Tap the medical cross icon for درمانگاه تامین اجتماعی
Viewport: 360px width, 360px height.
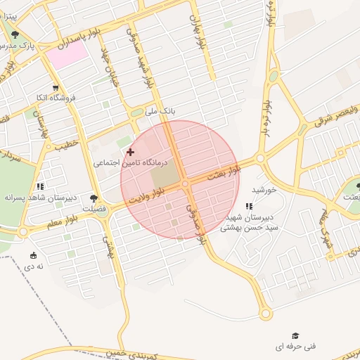pyautogui.click(x=129, y=152)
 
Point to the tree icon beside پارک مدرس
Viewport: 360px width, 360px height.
pyautogui.click(x=15, y=34)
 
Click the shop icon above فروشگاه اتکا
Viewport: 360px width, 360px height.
pyautogui.click(x=56, y=88)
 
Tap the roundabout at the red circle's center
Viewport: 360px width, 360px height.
pyautogui.click(x=185, y=184)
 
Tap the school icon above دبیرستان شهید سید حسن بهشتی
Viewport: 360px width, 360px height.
pyautogui.click(x=249, y=206)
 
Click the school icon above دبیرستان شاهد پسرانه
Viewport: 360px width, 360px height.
pyautogui.click(x=40, y=186)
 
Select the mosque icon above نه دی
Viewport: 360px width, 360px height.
pyautogui.click(x=34, y=255)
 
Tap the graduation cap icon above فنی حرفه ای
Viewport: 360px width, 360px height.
pyautogui.click(x=295, y=335)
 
